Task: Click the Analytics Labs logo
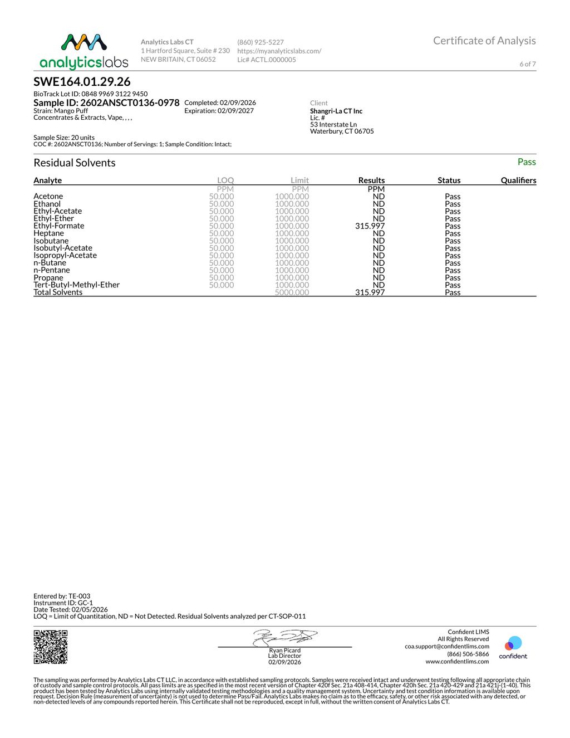coord(83,51)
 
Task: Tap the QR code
coord(50,647)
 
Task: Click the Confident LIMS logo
coord(513,647)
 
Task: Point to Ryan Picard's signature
coord(285,637)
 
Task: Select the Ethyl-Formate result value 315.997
coord(370,226)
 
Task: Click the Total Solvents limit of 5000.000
coord(292,292)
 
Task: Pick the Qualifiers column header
coord(518,180)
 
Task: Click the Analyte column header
coord(48,180)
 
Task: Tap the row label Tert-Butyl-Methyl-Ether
coord(76,285)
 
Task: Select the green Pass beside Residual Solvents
coord(526,162)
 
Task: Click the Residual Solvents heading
coord(75,163)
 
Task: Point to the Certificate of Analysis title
coord(484,41)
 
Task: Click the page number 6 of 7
coord(527,64)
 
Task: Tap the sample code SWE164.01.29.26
coord(82,82)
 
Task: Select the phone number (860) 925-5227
coord(261,42)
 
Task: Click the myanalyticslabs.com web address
coord(279,51)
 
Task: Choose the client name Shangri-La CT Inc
coord(336,111)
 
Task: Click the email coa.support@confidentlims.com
coord(446,647)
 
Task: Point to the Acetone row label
coord(48,197)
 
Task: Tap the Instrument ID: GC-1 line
coord(63,603)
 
